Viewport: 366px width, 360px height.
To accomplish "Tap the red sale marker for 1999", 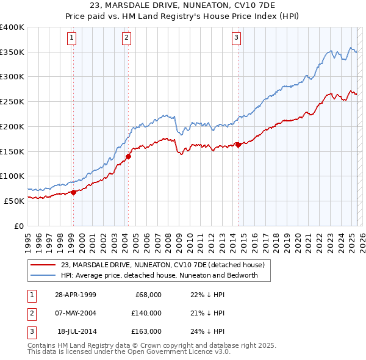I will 73,192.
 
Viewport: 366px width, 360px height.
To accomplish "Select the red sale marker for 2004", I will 128,156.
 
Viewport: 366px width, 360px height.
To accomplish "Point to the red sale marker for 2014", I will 238,145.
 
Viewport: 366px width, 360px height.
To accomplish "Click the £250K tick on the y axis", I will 12,101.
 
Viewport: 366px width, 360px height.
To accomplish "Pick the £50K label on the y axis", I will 14,201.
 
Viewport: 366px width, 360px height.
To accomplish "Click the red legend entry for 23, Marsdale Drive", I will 162,265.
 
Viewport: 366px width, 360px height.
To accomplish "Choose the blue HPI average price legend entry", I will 159,275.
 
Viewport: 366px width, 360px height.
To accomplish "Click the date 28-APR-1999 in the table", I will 76,295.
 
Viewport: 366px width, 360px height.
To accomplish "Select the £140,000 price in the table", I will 146,313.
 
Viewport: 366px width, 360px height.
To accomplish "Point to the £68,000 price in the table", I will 148,295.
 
